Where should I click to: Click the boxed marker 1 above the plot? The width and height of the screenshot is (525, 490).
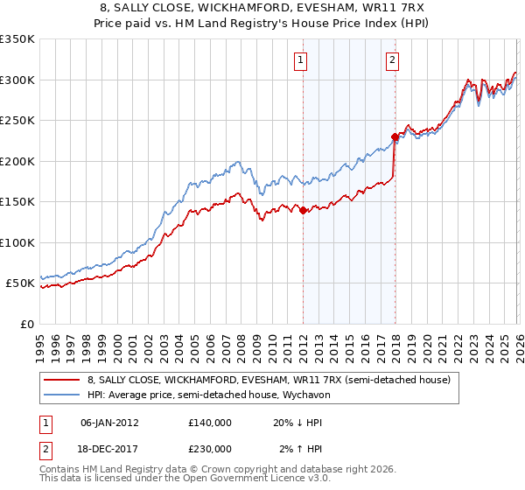[x=300, y=60]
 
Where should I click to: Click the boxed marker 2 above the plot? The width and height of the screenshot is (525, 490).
[x=392, y=60]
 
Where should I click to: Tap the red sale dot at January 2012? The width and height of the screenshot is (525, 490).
[x=304, y=210]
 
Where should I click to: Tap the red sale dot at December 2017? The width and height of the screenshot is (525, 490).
[x=395, y=136]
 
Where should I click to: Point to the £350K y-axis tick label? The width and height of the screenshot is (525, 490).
[x=17, y=39]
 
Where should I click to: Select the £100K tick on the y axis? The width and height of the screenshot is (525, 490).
[x=17, y=243]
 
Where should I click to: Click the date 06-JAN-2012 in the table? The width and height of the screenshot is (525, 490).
[x=109, y=422]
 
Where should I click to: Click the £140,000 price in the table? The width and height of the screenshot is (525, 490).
[x=209, y=422]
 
